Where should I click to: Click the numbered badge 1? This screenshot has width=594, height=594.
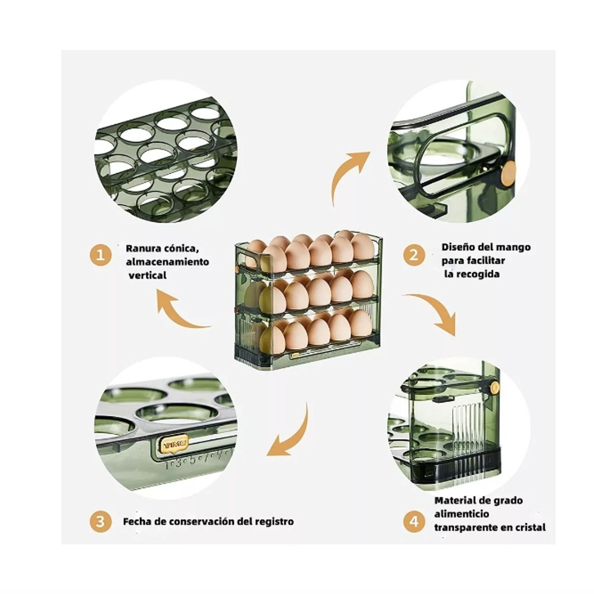click(100, 255)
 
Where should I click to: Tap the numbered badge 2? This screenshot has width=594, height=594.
click(414, 255)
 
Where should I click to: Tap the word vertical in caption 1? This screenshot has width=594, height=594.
click(148, 275)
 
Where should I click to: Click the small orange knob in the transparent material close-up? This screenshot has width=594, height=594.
click(495, 387)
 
